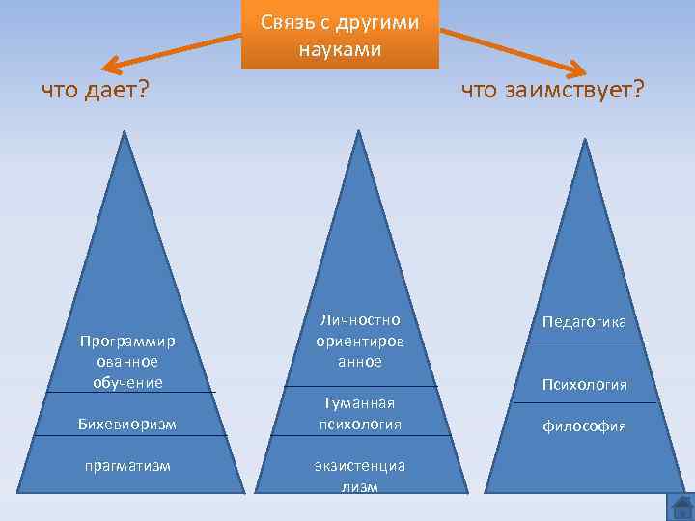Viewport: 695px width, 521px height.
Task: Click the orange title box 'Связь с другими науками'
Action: coord(340,35)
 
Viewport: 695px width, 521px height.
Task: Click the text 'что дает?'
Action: coord(95,91)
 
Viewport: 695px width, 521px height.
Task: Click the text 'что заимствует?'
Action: coord(552,91)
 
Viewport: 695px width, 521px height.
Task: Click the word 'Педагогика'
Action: coord(584,321)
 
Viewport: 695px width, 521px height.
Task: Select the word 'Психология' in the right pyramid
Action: coord(584,385)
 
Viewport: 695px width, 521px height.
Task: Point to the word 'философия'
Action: coord(584,425)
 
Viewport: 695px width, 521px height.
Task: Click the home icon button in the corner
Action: coord(681,507)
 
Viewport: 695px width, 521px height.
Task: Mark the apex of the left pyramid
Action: coord(125,133)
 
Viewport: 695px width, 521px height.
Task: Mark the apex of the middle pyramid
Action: coord(359,131)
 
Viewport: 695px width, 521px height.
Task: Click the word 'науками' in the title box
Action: coord(340,47)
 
